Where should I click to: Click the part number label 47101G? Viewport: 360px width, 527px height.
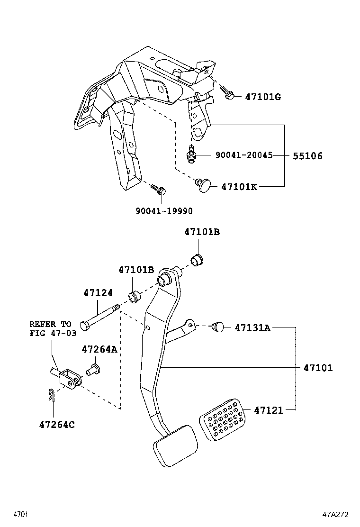pyautogui.click(x=263, y=97)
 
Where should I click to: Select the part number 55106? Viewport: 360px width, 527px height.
pyautogui.click(x=307, y=156)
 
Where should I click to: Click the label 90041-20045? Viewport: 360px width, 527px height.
pyautogui.click(x=244, y=155)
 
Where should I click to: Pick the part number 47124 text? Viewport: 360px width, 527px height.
pyautogui.click(x=98, y=293)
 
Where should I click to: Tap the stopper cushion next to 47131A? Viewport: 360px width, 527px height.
pyautogui.click(x=218, y=326)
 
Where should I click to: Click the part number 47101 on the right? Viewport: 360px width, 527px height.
pyautogui.click(x=318, y=368)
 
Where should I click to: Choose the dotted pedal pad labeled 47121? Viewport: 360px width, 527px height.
pyautogui.click(x=221, y=419)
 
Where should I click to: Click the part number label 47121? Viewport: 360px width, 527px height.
pyautogui.click(x=268, y=410)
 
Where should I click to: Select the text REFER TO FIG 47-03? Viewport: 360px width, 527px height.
pyautogui.click(x=50, y=328)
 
